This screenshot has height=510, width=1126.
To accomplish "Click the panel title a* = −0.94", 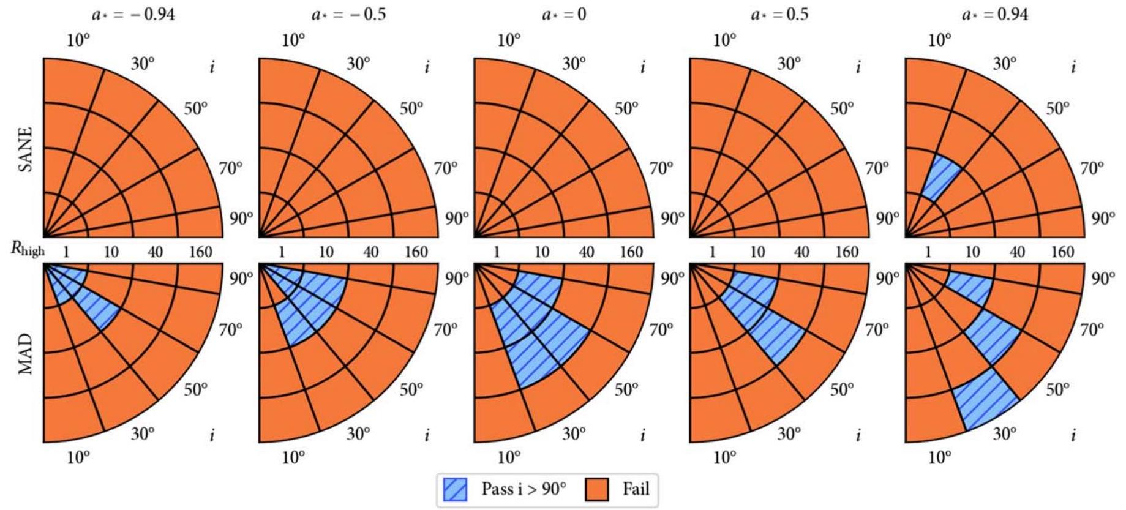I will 133,14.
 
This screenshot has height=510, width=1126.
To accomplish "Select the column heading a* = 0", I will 563,14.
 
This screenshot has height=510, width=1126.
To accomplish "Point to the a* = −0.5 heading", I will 348,14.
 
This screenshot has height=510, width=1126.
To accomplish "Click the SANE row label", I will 26,149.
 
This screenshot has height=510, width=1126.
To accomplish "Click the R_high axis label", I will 28,250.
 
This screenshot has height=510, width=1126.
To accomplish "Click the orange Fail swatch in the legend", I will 596,490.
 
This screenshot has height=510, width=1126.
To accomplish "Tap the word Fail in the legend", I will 636,489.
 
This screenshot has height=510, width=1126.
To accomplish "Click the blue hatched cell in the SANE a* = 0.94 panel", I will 941,178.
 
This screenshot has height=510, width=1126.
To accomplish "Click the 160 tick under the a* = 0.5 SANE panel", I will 847,251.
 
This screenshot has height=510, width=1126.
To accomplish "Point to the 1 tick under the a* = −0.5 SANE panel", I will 282,251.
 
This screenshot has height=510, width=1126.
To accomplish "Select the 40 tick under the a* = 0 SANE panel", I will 587,251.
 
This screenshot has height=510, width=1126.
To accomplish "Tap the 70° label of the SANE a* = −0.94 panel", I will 230,167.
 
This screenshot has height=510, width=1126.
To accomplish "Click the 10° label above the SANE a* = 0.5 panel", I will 724,41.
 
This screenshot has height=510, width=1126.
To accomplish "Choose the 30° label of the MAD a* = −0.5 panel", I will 358,434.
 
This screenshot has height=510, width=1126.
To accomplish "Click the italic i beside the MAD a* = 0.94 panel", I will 1073,435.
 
